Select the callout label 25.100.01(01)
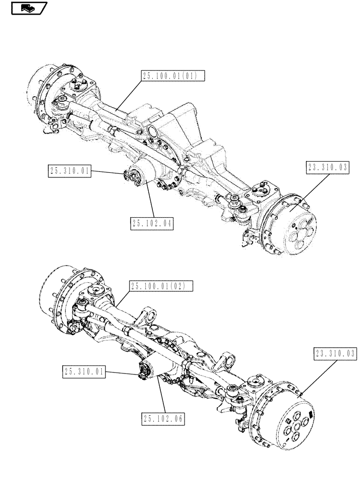click(172, 76)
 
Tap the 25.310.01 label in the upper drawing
click(70, 171)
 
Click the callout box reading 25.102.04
click(151, 223)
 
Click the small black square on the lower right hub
click(310, 415)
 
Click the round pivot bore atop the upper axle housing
click(151, 132)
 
